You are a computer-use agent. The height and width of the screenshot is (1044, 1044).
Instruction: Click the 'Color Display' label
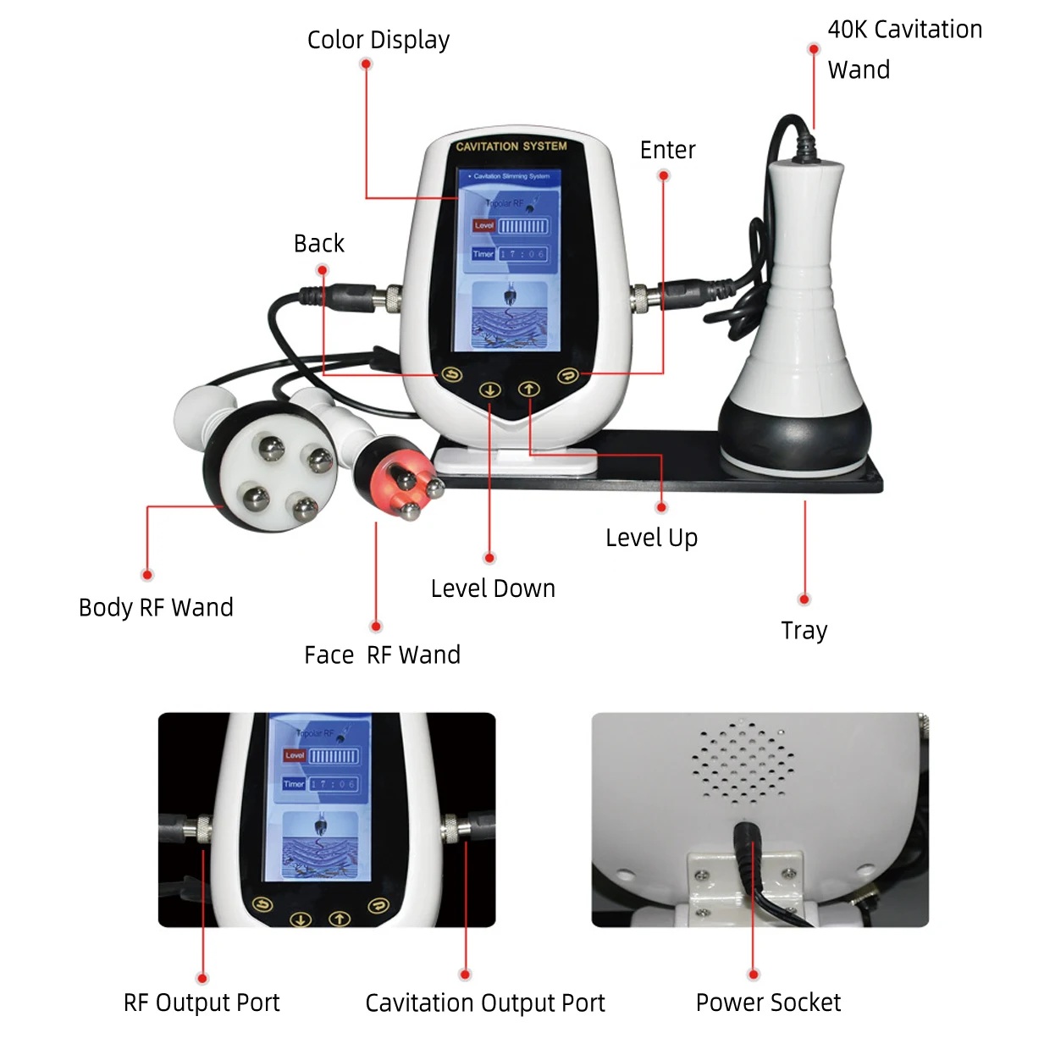click(378, 40)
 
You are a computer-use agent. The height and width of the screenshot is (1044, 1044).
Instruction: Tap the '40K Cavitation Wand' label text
click(903, 49)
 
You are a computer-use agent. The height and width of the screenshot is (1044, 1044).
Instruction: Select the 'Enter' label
click(667, 150)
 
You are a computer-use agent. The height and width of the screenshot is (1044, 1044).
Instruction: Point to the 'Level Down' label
click(493, 588)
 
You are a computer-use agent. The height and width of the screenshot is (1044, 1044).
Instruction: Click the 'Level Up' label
click(651, 538)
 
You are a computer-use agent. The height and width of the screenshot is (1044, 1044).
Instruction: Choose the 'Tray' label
click(804, 631)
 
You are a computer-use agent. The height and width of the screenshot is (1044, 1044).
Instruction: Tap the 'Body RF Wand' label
click(156, 608)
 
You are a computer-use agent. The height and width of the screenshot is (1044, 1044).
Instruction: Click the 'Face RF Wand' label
click(382, 655)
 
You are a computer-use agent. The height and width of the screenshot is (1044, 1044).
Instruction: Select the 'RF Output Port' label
click(202, 1003)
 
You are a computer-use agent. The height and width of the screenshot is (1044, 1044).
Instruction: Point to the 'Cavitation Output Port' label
click(484, 1003)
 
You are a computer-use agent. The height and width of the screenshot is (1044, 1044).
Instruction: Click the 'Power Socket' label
click(768, 1003)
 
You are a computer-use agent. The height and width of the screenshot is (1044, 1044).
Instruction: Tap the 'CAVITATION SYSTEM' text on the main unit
click(511, 146)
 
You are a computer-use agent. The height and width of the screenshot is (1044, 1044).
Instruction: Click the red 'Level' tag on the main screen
click(483, 226)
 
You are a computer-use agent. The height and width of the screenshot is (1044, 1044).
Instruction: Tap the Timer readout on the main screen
click(522, 254)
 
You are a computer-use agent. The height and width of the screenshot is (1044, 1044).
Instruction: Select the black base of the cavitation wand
click(793, 432)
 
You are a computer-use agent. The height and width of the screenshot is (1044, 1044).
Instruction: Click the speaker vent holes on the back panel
click(743, 762)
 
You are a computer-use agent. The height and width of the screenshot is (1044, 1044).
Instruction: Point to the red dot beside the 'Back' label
click(322, 271)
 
